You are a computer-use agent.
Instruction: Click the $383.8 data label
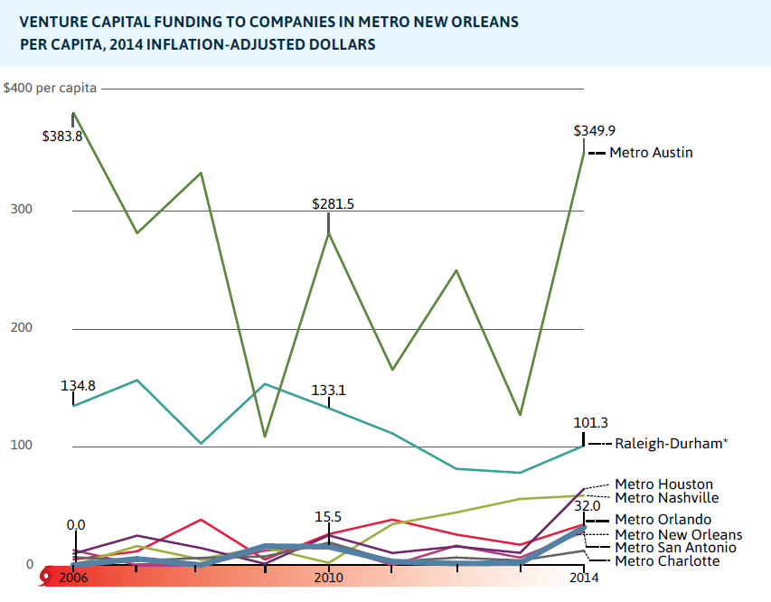click(62, 136)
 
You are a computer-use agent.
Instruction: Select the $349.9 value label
click(595, 130)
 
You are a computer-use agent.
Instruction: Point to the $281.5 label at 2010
click(334, 204)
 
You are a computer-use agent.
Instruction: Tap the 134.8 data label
click(79, 386)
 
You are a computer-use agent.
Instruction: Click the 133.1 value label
click(329, 390)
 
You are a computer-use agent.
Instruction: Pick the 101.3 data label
click(591, 422)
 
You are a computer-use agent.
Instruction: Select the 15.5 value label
click(328, 516)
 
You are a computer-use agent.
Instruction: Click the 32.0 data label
click(588, 506)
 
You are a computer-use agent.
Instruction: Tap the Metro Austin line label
click(651, 153)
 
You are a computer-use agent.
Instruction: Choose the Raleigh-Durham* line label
click(672, 444)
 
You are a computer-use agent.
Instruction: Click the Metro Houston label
click(663, 484)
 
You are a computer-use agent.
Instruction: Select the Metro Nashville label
click(667, 497)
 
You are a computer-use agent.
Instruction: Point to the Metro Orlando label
click(663, 520)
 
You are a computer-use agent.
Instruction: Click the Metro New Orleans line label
click(678, 534)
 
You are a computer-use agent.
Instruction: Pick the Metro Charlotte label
click(667, 561)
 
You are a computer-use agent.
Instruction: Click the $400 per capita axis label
click(50, 89)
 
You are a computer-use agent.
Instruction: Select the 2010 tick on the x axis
click(328, 578)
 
